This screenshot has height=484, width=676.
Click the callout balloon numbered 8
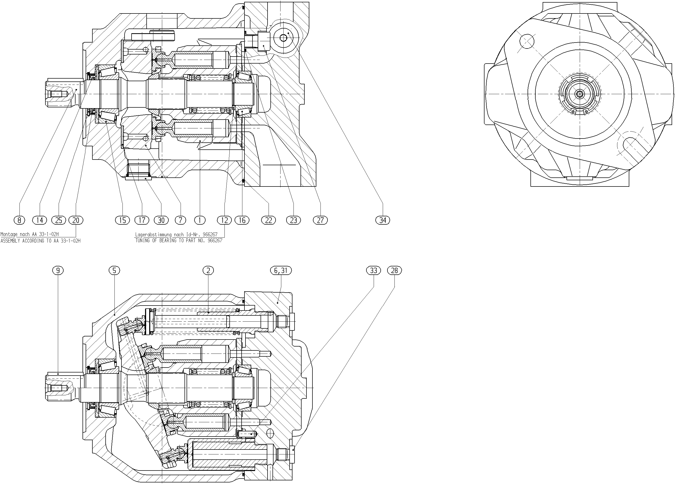19,220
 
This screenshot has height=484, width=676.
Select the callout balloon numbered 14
40,220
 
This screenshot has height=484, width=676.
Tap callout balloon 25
59,220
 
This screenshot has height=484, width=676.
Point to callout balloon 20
76,220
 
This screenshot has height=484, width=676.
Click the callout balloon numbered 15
122,220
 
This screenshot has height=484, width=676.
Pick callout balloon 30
161,220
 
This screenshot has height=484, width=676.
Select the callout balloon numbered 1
200,220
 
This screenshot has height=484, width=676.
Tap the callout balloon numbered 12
224,220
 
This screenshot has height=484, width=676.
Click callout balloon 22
269,220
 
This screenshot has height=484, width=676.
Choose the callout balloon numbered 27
320,220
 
